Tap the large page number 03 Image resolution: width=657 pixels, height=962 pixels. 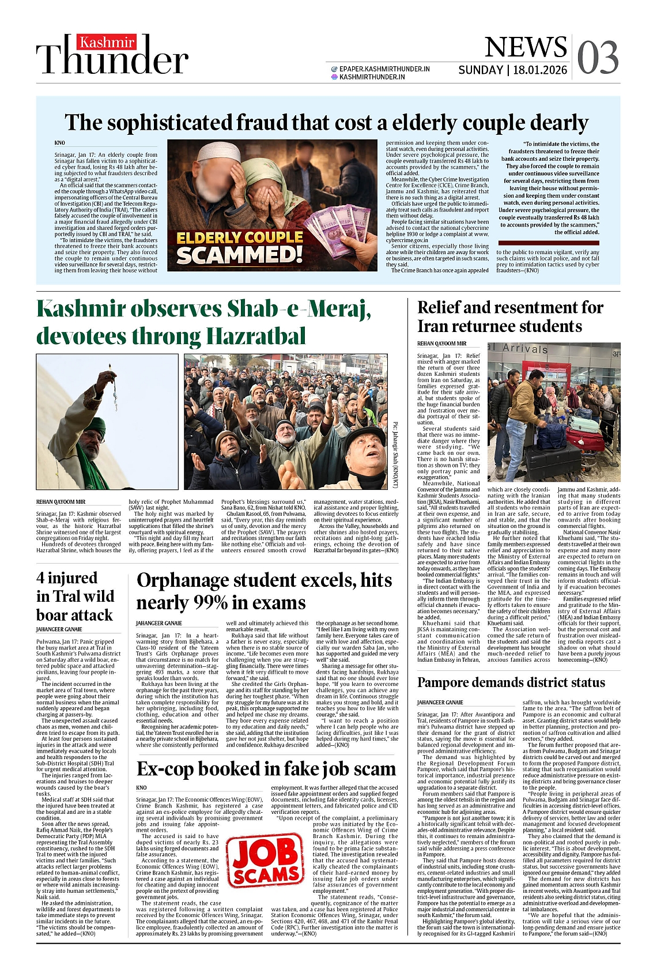tap(598, 58)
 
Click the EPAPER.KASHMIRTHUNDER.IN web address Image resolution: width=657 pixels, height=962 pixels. tap(384, 69)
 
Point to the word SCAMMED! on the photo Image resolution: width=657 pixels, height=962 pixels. tap(239, 255)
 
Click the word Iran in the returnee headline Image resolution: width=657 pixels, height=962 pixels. tap(436, 326)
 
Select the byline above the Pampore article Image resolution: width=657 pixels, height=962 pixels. tap(440, 703)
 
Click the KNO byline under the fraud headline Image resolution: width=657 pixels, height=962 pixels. tap(60, 142)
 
